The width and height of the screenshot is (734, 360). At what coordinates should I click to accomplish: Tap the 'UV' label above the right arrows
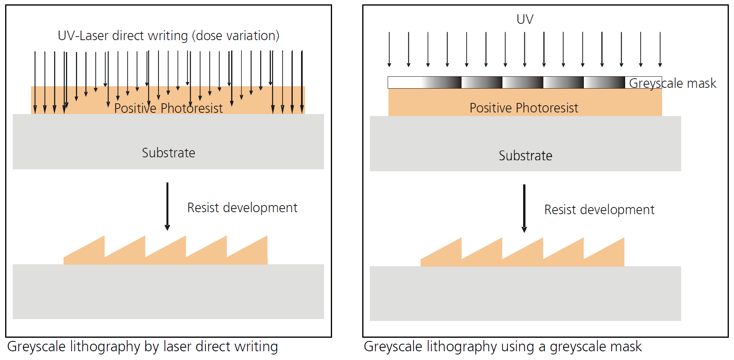tap(525, 19)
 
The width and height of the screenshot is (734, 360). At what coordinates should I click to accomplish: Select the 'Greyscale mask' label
tap(672, 83)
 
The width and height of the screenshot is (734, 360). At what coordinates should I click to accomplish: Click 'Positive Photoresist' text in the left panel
tap(168, 108)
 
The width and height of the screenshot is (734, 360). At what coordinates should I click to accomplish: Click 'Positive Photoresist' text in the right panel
tap(524, 108)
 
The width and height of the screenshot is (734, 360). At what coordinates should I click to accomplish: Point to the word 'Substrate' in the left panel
tap(168, 153)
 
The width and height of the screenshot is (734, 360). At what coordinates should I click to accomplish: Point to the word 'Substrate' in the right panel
tap(525, 155)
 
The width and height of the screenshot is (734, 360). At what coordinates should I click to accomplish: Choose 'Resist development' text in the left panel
tap(242, 207)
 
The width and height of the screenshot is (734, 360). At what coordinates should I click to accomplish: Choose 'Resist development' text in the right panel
tap(599, 209)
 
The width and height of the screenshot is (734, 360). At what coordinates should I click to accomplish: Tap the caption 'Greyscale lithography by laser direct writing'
tap(142, 346)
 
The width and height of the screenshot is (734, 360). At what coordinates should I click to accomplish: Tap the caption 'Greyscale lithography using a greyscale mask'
tap(502, 346)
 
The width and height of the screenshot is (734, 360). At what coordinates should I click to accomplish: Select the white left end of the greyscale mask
tap(401, 82)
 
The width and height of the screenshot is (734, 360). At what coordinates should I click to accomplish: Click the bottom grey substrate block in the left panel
tap(168, 292)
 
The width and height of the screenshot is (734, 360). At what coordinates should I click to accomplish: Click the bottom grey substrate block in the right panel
tap(525, 294)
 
